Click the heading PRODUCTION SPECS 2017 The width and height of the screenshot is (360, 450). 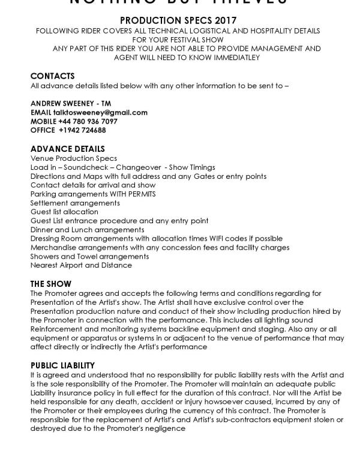click(x=180, y=20)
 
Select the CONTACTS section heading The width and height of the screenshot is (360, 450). click(x=52, y=76)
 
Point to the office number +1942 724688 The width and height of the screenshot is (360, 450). click(x=82, y=130)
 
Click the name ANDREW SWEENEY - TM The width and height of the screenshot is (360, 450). click(x=70, y=103)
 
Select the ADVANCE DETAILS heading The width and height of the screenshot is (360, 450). click(x=67, y=149)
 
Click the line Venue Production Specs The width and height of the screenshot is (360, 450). click(x=74, y=158)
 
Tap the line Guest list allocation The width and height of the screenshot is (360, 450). click(x=64, y=212)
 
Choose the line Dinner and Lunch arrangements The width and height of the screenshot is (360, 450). click(x=87, y=229)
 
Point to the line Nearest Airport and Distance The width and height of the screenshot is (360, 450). click(x=81, y=265)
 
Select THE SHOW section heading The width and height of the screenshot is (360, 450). click(x=50, y=284)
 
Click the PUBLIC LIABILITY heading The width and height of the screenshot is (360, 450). click(x=62, y=365)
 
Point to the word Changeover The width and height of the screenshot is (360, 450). click(x=138, y=167)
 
